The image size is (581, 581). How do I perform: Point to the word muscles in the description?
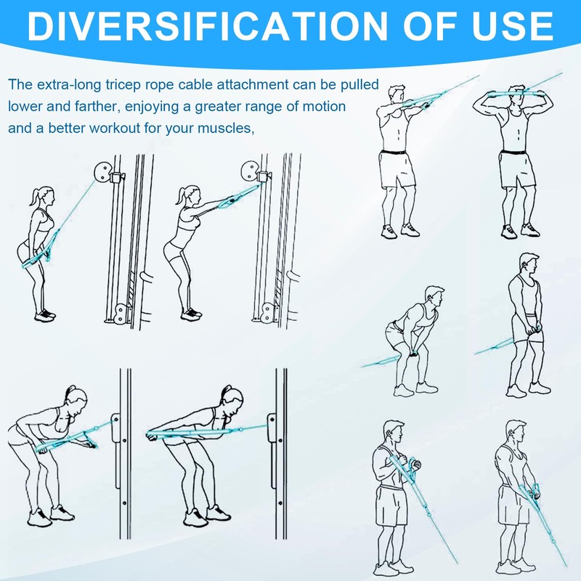point(229,129)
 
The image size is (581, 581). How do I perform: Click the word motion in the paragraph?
point(325,107)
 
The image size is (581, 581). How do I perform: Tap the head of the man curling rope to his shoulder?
point(393,431)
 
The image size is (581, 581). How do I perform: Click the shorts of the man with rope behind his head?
point(516,170)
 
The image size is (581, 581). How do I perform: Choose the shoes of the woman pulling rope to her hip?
point(45,314)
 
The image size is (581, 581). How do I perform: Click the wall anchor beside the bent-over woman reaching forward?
point(115,428)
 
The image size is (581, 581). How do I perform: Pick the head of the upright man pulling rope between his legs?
point(528,264)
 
